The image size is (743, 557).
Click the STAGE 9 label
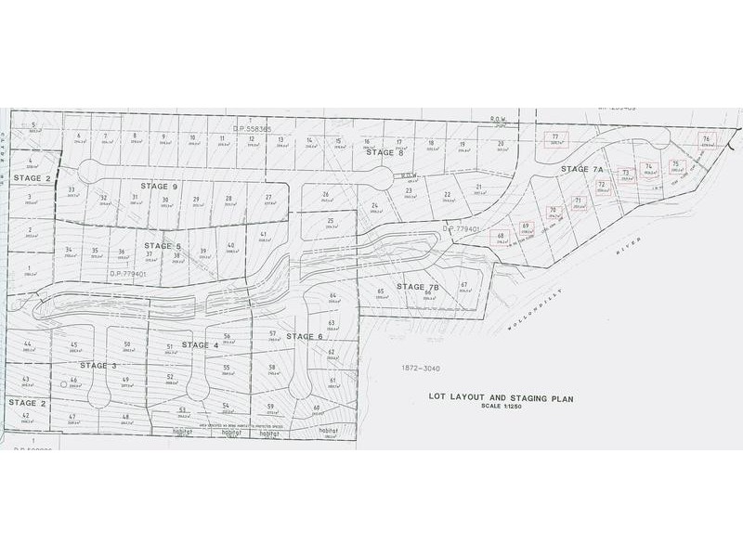tap(160, 187)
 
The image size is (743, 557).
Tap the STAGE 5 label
tap(163, 246)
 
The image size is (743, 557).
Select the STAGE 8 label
tap(385, 152)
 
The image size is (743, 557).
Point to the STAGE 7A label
tap(582, 170)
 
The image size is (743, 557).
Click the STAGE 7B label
tap(417, 287)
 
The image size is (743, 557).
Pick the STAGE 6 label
tap(304, 336)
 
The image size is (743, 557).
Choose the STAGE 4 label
tap(200, 345)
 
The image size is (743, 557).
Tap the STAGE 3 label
tap(99, 366)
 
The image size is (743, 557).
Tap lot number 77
tap(555, 137)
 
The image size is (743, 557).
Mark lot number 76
tap(707, 136)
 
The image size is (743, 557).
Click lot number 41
tap(264, 234)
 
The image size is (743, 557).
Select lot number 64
tap(332, 295)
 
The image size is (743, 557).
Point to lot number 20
tap(501, 144)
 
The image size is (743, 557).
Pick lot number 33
tap(72, 190)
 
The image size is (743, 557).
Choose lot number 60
tap(317, 408)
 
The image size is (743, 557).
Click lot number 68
tap(501, 236)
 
